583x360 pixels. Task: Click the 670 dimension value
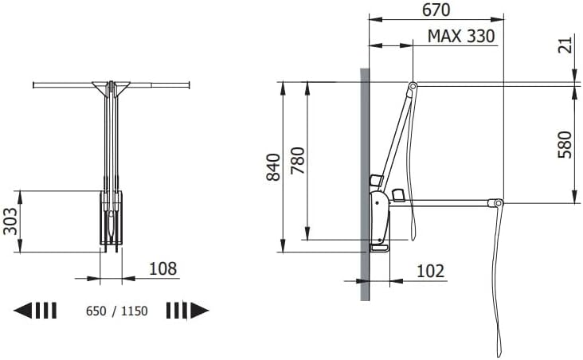436,10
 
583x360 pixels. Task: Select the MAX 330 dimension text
460,36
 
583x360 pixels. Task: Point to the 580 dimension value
565,144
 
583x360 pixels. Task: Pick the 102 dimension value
430,270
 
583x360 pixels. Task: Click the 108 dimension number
162,268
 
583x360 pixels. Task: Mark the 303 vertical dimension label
10,221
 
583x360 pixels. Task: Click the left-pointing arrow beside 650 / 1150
36,311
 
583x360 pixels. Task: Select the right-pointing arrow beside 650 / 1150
187,311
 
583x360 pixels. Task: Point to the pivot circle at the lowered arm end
499,205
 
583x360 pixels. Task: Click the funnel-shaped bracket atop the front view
111,86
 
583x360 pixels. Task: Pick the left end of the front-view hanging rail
36,84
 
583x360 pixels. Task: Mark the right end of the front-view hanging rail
188,83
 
